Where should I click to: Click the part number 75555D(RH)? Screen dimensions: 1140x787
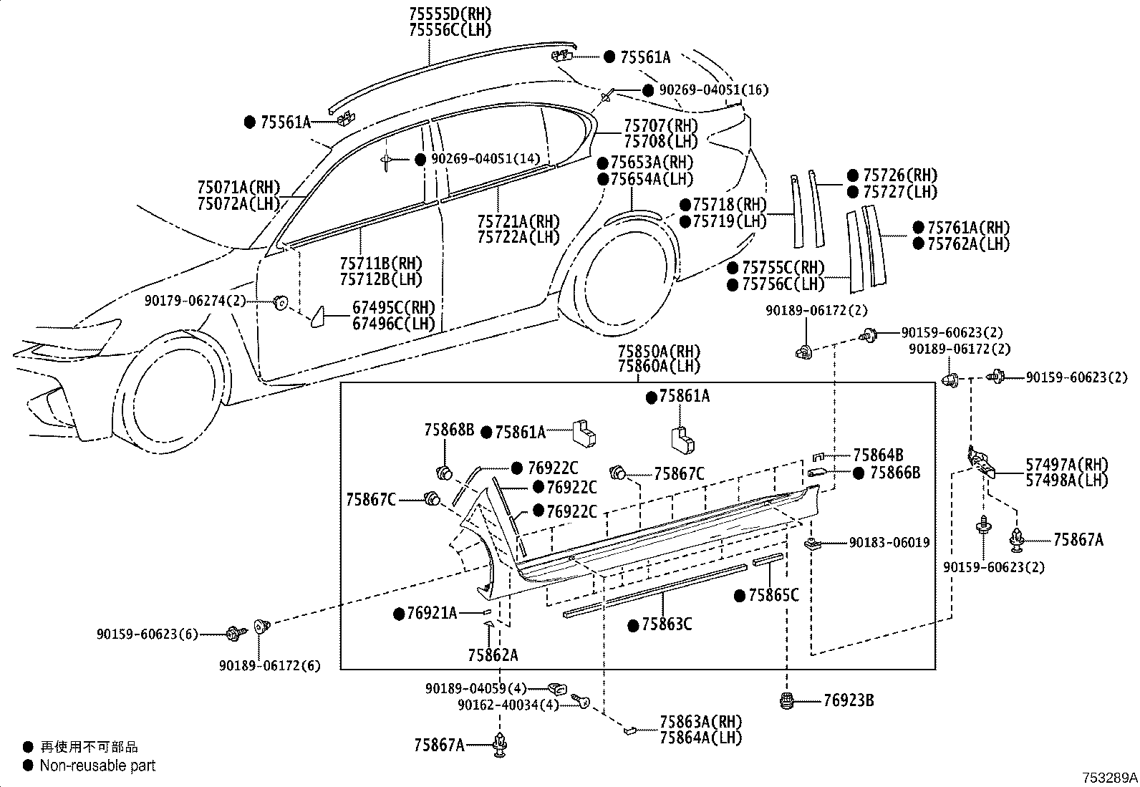[450, 14]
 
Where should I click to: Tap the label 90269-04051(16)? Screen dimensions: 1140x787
[713, 90]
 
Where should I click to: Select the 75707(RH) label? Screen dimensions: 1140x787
[661, 125]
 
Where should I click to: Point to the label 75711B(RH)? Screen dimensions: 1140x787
[381, 264]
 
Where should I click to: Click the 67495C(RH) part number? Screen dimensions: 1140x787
[394, 307]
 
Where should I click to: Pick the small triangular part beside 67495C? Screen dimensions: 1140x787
[318, 317]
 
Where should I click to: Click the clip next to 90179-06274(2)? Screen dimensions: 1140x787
[281, 303]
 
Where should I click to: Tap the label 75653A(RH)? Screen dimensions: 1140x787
[652, 163]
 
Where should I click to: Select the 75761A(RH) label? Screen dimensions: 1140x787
[968, 227]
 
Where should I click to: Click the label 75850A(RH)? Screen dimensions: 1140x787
[659, 351]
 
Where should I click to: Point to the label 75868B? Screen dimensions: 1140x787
[449, 430]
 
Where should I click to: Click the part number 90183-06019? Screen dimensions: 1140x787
[889, 543]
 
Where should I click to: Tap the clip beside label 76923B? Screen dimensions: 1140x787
[787, 702]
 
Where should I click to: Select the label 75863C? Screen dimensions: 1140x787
[667, 624]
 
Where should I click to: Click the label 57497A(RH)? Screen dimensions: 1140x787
[1067, 464]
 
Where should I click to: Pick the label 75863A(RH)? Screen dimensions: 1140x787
[701, 722]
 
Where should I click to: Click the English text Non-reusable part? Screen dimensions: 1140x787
[97, 766]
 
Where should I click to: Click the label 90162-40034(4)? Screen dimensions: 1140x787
[508, 705]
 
